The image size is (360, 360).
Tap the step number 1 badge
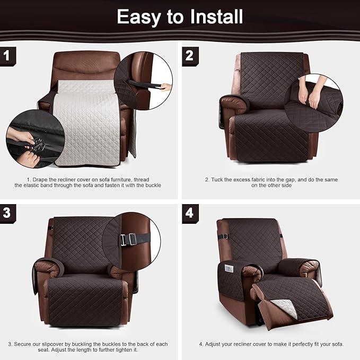click(x=7, y=56)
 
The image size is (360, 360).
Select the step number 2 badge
click(x=190, y=56)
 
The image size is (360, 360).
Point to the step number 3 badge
click(x=7, y=213)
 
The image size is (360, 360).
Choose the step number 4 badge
click(x=190, y=213)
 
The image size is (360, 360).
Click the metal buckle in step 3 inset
click(x=127, y=240)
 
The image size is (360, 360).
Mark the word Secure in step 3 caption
click(x=26, y=344)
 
